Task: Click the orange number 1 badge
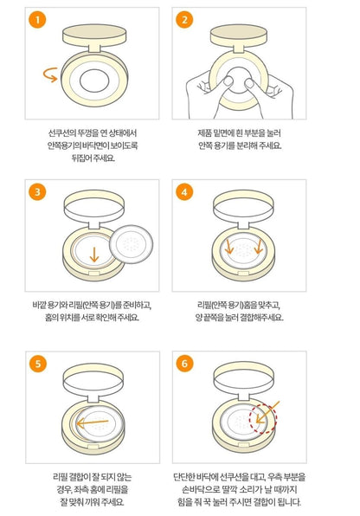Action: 37,19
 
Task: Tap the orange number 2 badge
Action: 184,19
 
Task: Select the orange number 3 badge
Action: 37,191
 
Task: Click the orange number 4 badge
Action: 184,191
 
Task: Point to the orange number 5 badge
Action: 37,364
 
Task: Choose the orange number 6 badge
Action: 184,364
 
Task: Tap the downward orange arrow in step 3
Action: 94,255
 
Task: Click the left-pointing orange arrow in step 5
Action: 92,422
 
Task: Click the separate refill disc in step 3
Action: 131,244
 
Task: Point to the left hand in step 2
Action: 204,95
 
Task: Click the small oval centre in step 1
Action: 94,81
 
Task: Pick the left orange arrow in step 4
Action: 228,248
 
